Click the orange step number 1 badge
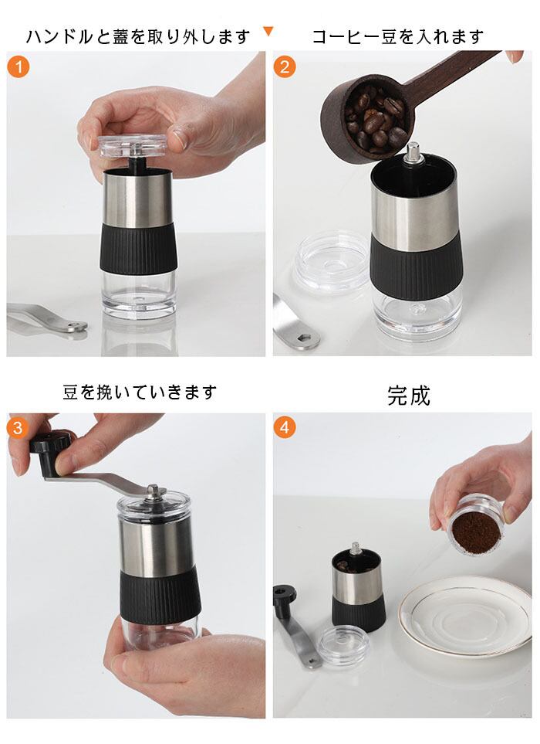[19, 67]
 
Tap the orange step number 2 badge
[284, 67]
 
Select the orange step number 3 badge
[18, 428]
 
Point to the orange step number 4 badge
[284, 427]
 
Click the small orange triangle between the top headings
[268, 32]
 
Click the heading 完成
[409, 396]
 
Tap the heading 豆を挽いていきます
[140, 392]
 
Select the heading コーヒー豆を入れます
[398, 36]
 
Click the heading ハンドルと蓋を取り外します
[138, 36]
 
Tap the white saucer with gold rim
[465, 617]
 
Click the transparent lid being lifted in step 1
[133, 146]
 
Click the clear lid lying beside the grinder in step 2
[332, 262]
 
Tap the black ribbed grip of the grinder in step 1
[139, 248]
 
